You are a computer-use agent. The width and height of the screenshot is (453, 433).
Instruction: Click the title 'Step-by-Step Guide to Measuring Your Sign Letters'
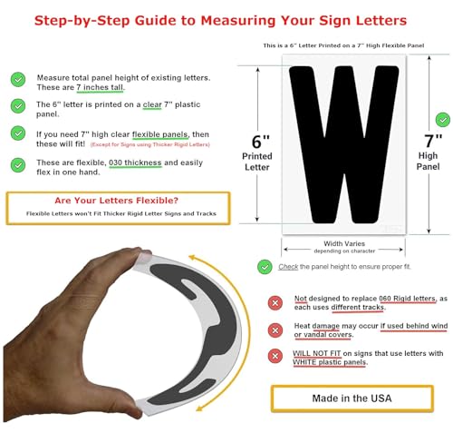226,19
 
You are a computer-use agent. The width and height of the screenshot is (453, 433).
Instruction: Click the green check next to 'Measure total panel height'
17,79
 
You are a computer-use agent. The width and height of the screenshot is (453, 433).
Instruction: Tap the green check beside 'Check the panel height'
265,266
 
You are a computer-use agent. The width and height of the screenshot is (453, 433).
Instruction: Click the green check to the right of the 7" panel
441,119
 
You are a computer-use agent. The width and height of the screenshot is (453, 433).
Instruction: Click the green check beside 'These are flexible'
17,163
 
